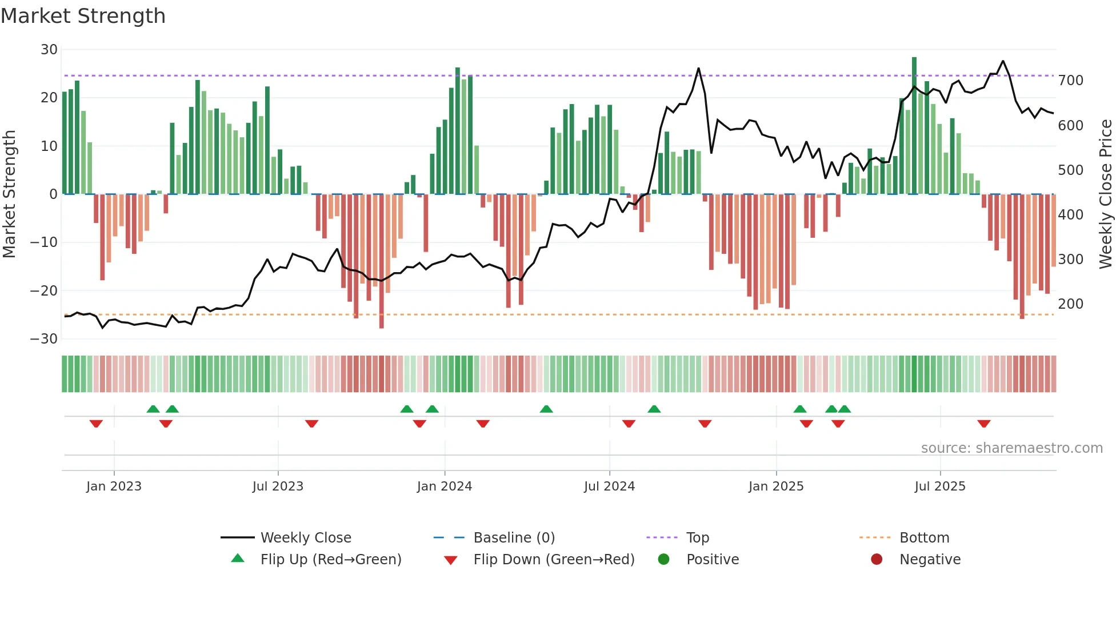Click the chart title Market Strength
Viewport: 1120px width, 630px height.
point(83,16)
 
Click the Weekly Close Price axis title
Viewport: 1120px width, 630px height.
point(1106,194)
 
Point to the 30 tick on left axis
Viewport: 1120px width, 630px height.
point(49,50)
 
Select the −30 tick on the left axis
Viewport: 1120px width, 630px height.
point(44,339)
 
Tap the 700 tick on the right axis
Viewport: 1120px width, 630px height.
point(1070,81)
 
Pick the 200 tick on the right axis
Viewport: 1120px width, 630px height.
point(1070,304)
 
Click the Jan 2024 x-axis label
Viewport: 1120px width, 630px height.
point(444,487)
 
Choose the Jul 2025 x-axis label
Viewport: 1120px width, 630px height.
point(939,487)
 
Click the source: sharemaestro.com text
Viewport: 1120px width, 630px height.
point(1011,448)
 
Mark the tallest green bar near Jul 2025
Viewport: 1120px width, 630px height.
point(914,126)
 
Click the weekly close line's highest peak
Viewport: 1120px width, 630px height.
point(1003,61)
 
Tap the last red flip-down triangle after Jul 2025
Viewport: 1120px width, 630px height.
point(983,424)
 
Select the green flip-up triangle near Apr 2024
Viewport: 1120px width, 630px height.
point(546,409)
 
